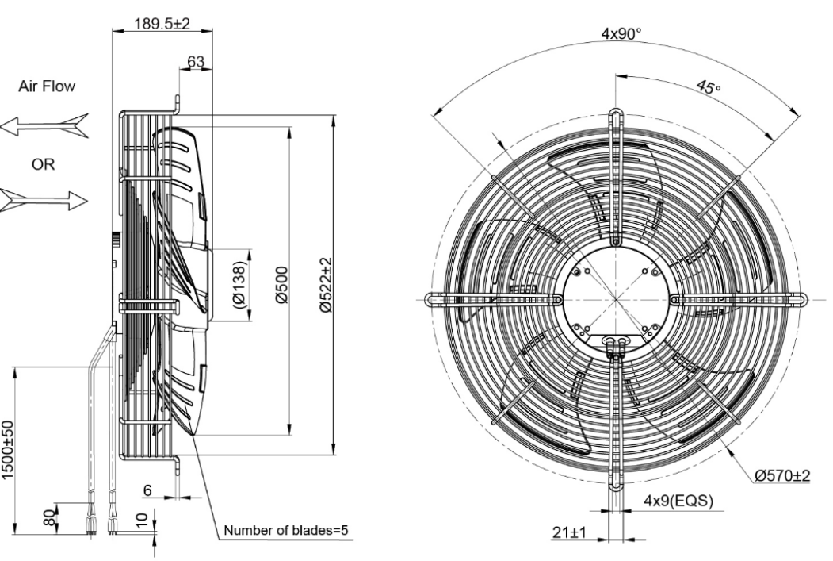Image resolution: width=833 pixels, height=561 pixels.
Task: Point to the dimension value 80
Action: [x=50, y=517]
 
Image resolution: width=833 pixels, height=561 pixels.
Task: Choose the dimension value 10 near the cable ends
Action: [x=141, y=521]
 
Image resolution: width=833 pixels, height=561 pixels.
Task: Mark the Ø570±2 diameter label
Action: [x=783, y=475]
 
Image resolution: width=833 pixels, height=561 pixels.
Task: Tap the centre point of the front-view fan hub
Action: [x=615, y=299]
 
